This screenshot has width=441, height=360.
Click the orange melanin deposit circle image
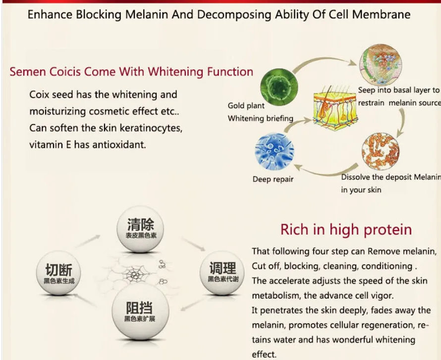(381, 149)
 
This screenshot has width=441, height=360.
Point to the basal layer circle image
(382, 63)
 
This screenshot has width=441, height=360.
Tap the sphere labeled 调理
(222, 273)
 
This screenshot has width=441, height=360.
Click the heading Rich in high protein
(346, 230)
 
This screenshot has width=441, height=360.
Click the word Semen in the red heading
(28, 71)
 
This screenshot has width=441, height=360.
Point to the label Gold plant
(246, 106)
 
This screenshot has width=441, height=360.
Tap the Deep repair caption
(273, 180)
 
